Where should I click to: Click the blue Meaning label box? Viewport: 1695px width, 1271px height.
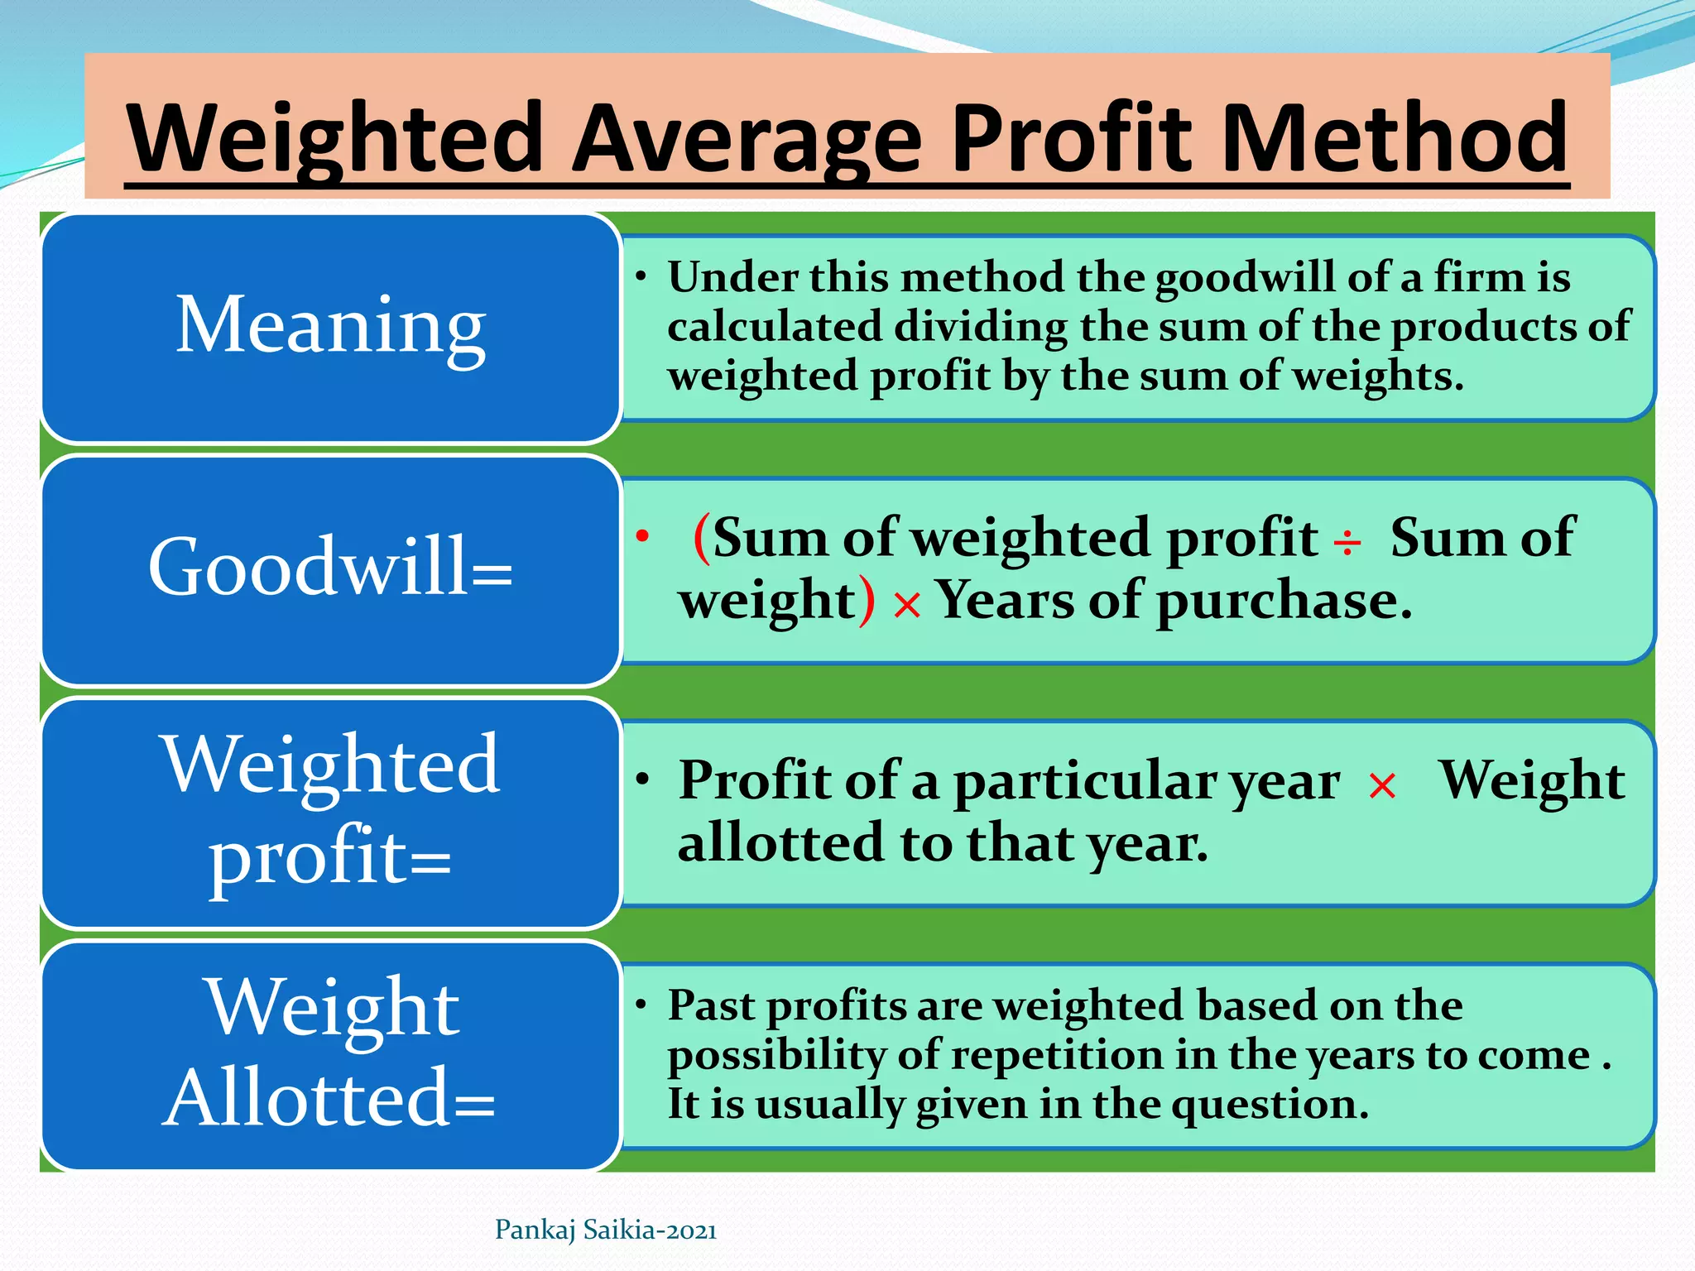[331, 328]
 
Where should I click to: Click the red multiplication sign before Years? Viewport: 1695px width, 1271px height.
[907, 606]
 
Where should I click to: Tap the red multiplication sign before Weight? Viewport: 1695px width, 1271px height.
[1382, 785]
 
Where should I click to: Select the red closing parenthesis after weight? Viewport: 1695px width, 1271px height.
[867, 601]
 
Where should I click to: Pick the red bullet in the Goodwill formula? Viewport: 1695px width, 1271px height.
[642, 536]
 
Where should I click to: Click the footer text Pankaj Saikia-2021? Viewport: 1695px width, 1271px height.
[605, 1230]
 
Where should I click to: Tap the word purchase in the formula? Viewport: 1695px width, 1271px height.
[1284, 602]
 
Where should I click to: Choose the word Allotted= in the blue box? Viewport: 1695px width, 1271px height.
[329, 1097]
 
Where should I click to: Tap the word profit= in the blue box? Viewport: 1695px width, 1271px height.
[329, 857]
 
